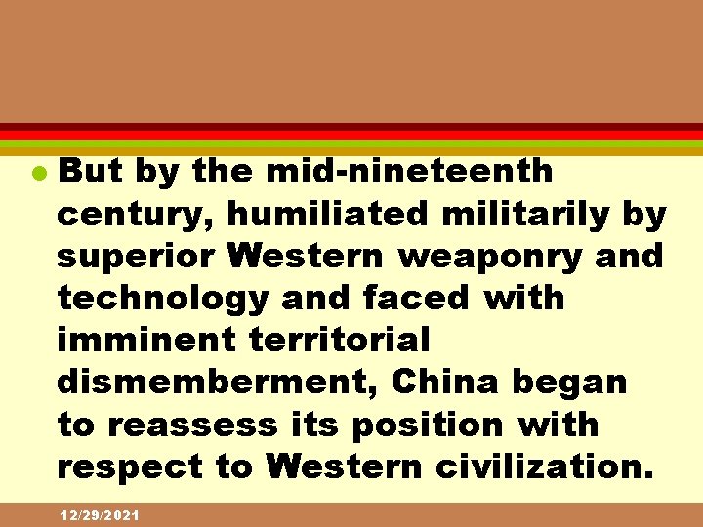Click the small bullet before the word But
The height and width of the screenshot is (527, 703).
[x=39, y=173]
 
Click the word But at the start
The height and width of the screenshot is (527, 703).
[x=90, y=171]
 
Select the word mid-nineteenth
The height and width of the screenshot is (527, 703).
[x=410, y=171]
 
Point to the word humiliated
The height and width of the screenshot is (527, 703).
[x=319, y=214]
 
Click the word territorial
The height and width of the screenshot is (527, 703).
[x=341, y=340]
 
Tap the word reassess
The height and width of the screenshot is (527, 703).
[x=190, y=425]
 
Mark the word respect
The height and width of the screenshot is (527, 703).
[x=128, y=466]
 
